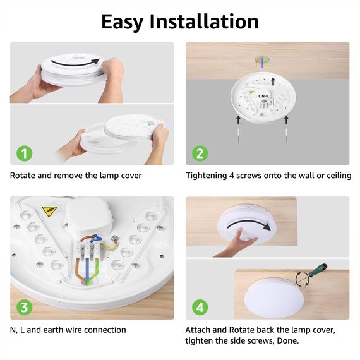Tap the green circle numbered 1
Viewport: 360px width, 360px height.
[x=23, y=153]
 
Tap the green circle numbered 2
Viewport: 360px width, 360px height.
[x=200, y=153]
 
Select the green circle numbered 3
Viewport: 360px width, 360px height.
[x=23, y=308]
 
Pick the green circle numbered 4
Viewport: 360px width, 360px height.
[x=200, y=308]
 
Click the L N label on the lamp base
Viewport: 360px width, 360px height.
[x=263, y=96]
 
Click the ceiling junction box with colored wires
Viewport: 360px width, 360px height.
[x=260, y=62]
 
